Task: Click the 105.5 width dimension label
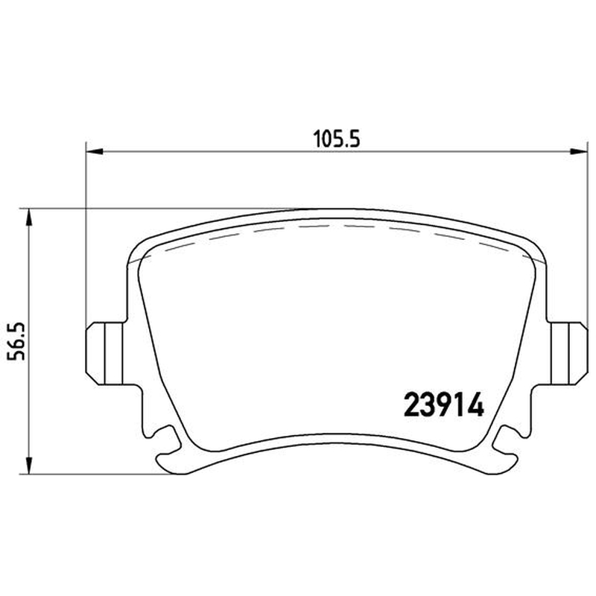coord(337,139)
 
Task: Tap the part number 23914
coord(443,405)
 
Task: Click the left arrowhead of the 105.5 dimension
coord(95,152)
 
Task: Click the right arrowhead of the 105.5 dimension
coord(580,152)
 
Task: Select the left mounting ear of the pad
coord(105,353)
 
